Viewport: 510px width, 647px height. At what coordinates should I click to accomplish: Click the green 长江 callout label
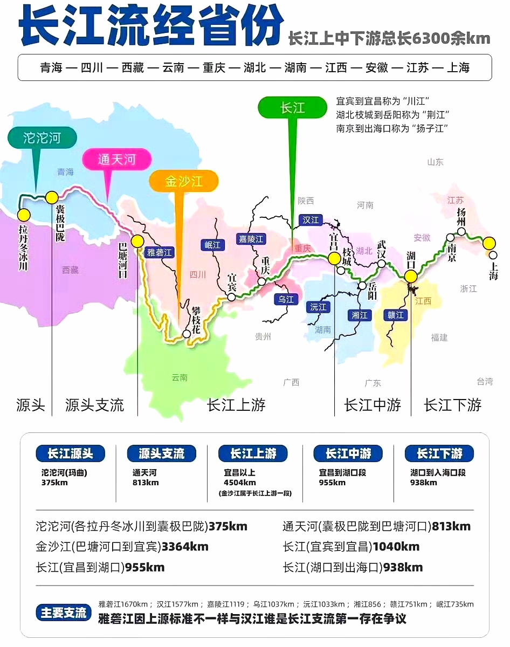click(293, 108)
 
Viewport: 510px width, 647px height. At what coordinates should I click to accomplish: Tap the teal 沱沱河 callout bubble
click(42, 138)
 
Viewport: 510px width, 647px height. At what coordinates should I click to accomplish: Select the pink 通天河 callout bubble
click(116, 160)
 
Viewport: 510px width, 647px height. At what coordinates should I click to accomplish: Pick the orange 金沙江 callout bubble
click(184, 181)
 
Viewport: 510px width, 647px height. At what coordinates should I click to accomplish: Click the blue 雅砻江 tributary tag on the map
click(160, 252)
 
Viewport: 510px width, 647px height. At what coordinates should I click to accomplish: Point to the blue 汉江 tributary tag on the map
click(311, 220)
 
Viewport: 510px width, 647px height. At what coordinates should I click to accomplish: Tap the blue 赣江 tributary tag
click(396, 315)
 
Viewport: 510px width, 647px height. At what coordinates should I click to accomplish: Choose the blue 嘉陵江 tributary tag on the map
click(251, 238)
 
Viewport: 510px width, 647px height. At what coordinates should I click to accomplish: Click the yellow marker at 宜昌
click(334, 258)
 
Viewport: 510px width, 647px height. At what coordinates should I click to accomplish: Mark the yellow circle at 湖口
click(411, 276)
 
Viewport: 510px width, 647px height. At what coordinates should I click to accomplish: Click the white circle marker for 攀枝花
click(187, 334)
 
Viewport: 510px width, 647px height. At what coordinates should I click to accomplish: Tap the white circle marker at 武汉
click(382, 264)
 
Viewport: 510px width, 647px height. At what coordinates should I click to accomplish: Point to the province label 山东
click(435, 162)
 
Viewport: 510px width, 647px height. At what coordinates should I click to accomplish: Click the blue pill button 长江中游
click(348, 453)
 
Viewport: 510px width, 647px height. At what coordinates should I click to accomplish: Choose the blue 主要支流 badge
click(64, 612)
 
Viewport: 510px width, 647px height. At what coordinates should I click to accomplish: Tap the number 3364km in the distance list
click(185, 547)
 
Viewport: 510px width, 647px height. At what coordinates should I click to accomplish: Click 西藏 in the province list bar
click(133, 67)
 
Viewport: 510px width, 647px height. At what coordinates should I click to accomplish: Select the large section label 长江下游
click(453, 405)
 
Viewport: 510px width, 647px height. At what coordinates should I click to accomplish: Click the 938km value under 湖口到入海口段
click(423, 483)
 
